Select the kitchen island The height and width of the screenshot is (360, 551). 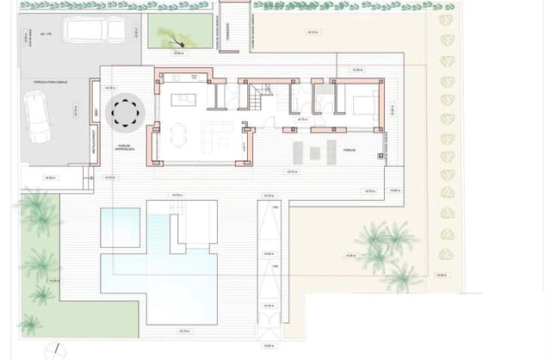pyautogui.click(x=183, y=99)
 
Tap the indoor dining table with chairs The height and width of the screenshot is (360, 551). pyautogui.click(x=178, y=133)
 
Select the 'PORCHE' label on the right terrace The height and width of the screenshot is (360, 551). pyautogui.click(x=350, y=149)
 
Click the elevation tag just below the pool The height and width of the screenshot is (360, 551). pyautogui.click(x=183, y=331)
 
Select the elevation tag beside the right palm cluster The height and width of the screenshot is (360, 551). pyautogui.click(x=350, y=256)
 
